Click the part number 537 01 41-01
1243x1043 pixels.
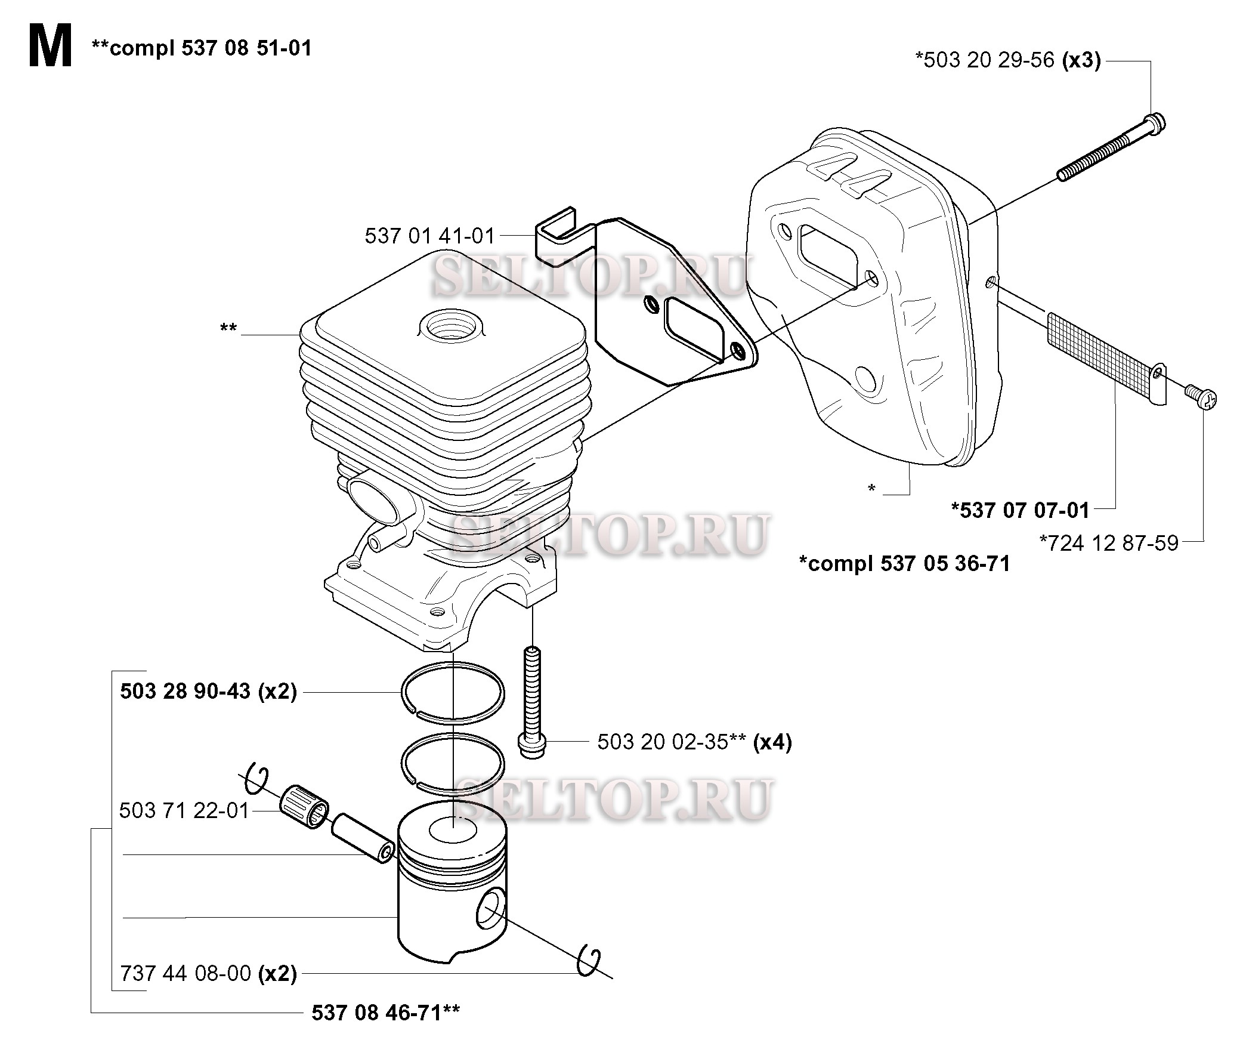coord(430,236)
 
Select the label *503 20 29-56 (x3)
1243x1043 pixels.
coord(1008,60)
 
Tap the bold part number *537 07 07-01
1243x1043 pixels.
coord(1021,510)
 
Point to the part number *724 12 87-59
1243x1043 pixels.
coord(1109,542)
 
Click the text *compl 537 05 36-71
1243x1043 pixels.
coord(904,563)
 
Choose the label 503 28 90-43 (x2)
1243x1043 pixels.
coord(208,692)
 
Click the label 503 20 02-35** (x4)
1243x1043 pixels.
coord(694,742)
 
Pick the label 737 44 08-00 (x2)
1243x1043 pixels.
coord(208,973)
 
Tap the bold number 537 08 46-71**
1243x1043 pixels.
coord(385,1012)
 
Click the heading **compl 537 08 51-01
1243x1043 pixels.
coord(202,48)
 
